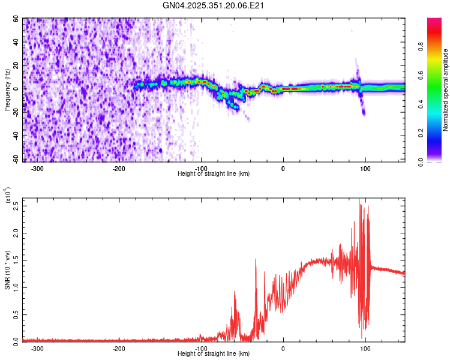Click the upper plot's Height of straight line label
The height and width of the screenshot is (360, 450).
[214, 173]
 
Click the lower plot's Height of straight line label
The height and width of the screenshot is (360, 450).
[214, 354]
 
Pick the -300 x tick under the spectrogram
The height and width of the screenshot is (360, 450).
[37, 168]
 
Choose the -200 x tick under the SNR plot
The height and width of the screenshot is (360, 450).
[119, 348]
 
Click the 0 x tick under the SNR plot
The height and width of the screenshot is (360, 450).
[283, 348]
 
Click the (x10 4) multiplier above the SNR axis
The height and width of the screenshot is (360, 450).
[8, 196]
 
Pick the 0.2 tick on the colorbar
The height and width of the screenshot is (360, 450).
[436, 133]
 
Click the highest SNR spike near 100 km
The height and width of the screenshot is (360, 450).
[359, 199]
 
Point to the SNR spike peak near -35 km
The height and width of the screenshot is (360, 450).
[256, 259]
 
